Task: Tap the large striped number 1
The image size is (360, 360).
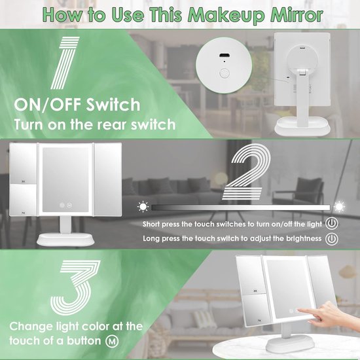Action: (x=65, y=63)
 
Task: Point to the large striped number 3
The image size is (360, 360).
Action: (x=75, y=287)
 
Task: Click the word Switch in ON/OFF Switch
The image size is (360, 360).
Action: (x=113, y=105)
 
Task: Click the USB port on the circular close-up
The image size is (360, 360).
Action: (x=224, y=56)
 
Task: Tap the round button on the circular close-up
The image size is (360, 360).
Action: (x=225, y=73)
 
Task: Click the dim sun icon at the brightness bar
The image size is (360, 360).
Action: (x=143, y=207)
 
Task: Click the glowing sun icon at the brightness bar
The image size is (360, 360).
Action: (x=339, y=207)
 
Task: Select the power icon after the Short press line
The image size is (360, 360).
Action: (x=332, y=223)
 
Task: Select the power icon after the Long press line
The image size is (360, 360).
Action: (x=332, y=239)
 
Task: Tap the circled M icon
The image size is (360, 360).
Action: (x=112, y=341)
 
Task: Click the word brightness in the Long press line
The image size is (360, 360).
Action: (x=304, y=239)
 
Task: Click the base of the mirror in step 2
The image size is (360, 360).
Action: (x=66, y=240)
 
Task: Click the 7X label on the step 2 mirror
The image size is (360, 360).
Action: (x=23, y=213)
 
